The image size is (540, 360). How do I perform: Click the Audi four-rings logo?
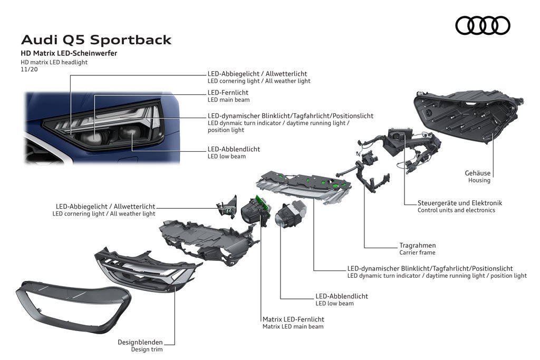click(483, 25)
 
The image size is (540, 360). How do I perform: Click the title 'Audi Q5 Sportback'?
click(96, 40)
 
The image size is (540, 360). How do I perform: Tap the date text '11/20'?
click(30, 69)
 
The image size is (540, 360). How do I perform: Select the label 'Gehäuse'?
click(477, 173)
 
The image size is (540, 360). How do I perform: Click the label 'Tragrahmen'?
click(418, 246)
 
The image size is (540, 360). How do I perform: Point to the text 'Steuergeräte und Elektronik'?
click(460, 203)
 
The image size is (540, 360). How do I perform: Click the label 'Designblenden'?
click(140, 342)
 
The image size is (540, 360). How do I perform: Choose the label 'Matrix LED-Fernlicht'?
click(293, 319)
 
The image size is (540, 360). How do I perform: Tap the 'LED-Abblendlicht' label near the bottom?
click(342, 296)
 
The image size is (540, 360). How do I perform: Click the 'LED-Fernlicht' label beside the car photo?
click(228, 93)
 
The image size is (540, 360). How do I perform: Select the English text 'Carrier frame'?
click(418, 252)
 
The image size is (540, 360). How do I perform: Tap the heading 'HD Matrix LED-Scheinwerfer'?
click(69, 53)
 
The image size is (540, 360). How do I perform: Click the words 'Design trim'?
click(147, 349)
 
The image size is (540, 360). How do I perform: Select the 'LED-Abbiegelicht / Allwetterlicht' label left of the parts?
click(105, 207)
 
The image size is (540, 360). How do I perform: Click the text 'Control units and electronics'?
click(456, 210)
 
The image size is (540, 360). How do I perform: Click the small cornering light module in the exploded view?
click(227, 207)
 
